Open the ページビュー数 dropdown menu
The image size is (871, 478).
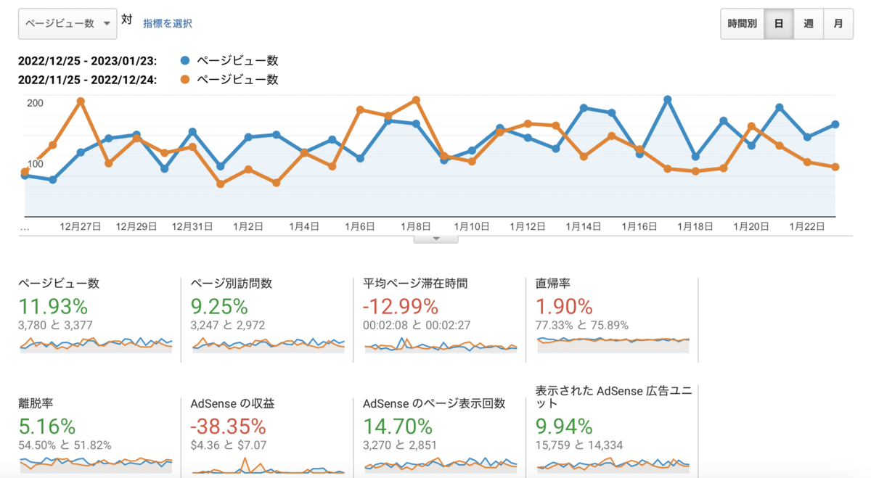click(x=68, y=24)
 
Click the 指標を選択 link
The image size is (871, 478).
click(x=168, y=24)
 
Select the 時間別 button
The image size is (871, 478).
click(x=742, y=24)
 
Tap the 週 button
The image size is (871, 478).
click(x=809, y=24)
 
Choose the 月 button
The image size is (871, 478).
click(x=838, y=24)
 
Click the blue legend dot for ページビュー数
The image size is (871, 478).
click(x=185, y=61)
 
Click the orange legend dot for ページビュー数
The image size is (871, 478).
click(x=185, y=80)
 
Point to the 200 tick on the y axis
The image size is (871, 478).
click(x=35, y=103)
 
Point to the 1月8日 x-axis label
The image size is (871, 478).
click(x=416, y=226)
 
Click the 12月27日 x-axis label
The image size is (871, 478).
click(x=80, y=226)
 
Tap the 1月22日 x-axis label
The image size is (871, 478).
click(x=807, y=226)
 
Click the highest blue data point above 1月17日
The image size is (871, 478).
click(x=668, y=99)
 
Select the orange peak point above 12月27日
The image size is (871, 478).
click(x=81, y=102)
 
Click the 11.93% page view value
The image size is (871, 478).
click(x=53, y=306)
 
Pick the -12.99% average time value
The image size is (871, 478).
click(x=401, y=306)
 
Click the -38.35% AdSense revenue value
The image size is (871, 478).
click(x=228, y=427)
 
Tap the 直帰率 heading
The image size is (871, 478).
click(x=552, y=284)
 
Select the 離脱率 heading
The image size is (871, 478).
click(x=36, y=403)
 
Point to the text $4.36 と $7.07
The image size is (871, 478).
click(x=229, y=445)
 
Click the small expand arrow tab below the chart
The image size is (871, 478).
click(x=436, y=239)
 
